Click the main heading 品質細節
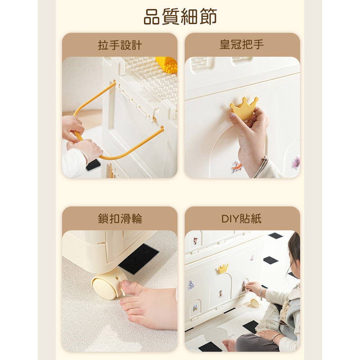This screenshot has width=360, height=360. click(180, 17)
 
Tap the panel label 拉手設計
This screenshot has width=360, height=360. click(120, 45)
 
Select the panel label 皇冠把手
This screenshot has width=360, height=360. click(242, 44)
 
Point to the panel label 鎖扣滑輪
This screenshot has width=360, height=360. click(120, 219)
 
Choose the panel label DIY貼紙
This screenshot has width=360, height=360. click(242, 219)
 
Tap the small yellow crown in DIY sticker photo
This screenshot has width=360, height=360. click(223, 268)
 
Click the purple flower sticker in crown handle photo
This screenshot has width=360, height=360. click(296, 162)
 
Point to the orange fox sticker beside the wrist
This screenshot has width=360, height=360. click(237, 166)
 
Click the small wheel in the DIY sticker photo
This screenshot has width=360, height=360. click(255, 303)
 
